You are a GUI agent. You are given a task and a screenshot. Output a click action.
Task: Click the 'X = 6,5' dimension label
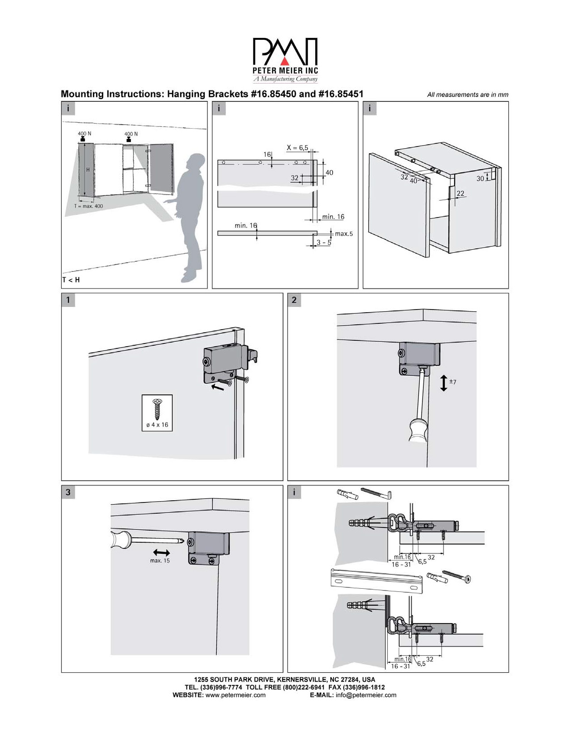297,148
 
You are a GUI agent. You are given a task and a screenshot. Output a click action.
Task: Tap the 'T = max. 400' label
89,206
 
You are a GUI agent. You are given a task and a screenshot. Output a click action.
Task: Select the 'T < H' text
71,280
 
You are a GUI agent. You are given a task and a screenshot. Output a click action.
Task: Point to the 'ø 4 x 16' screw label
157,425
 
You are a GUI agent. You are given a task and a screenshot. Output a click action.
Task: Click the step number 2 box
294,300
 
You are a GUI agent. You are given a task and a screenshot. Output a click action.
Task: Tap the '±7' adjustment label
452,382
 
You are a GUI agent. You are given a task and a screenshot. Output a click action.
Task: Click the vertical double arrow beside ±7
443,383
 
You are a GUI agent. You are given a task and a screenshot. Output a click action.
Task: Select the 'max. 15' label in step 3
160,561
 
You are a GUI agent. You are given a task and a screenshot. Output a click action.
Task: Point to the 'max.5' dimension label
344,234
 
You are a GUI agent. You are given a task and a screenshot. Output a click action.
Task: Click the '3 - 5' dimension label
324,243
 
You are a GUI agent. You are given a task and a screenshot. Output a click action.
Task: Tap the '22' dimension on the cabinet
460,193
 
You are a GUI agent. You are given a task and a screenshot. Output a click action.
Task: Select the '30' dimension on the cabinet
480,178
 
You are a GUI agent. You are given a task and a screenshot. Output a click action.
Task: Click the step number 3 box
68,492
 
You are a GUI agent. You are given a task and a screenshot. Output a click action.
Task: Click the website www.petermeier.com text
235,695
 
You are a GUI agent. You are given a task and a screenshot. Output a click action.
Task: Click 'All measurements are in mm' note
468,95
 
